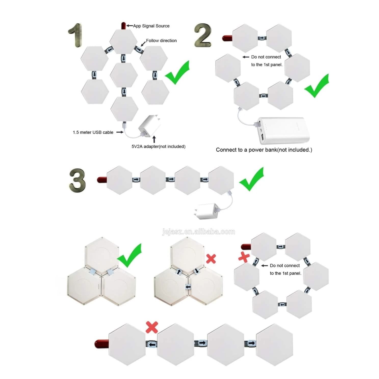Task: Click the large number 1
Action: point(76,35)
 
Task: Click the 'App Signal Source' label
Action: point(151,26)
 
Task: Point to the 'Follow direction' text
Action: point(161,41)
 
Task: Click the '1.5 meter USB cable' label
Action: point(93,132)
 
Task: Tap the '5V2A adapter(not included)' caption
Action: point(159,146)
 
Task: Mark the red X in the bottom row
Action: point(152,327)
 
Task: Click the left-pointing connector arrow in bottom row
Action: point(152,345)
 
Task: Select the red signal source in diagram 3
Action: point(102,180)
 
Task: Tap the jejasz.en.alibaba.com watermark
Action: point(199,232)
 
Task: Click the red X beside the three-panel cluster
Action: point(211,259)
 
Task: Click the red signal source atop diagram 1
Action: point(123,26)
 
